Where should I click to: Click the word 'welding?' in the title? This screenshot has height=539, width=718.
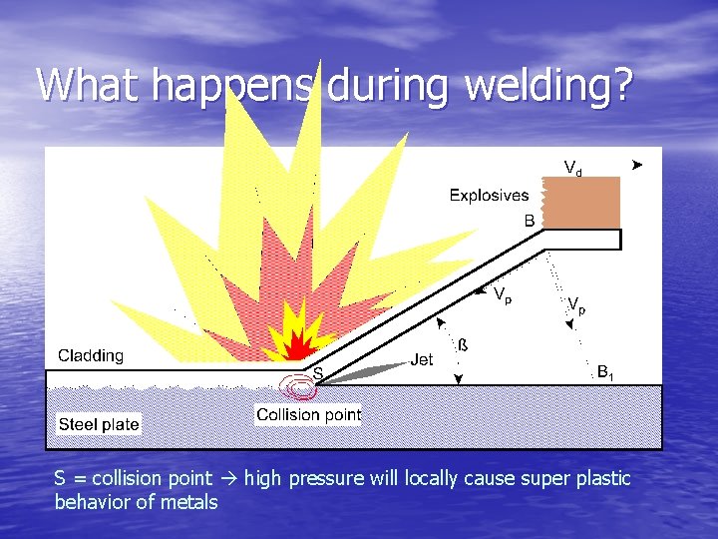[552, 86]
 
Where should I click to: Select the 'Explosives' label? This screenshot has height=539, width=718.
[489, 196]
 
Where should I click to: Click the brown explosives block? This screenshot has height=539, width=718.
[581, 204]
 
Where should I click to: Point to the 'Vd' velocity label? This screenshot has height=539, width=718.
[573, 168]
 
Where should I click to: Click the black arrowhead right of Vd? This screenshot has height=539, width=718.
[638, 164]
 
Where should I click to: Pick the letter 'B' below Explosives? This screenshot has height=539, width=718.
[530, 221]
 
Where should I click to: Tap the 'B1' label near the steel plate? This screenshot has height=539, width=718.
[605, 371]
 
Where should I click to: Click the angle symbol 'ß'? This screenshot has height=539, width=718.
[463, 345]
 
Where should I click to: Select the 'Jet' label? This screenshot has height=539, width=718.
[422, 359]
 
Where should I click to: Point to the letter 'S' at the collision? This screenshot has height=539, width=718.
[318, 372]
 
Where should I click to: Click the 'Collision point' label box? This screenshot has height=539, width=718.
[308, 414]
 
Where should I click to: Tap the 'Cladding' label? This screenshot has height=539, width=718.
[91, 355]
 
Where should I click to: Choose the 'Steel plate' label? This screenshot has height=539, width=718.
[99, 424]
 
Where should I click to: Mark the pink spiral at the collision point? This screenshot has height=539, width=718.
[298, 386]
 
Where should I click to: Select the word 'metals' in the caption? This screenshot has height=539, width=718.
[187, 502]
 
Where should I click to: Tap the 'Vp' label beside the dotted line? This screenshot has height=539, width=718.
[576, 305]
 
